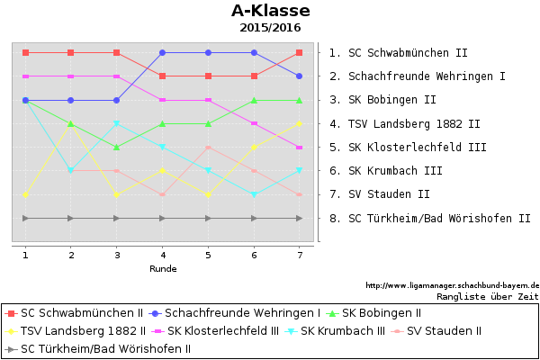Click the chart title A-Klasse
(271, 11)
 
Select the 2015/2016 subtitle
(270, 28)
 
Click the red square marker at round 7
(299, 53)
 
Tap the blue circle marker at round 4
(163, 53)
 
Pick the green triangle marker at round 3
(116, 147)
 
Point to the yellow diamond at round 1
(25, 194)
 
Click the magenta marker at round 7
(299, 148)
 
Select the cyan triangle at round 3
(116, 123)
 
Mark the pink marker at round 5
(208, 147)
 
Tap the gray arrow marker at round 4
(163, 218)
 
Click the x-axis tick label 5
(208, 256)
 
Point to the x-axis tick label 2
(71, 256)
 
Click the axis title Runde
(163, 269)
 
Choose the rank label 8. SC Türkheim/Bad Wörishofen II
(430, 219)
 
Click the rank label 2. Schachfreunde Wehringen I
(418, 76)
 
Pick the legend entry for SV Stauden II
(436, 331)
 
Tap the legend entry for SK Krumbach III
(335, 331)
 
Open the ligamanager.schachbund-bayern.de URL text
(452, 285)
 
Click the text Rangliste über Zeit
(487, 297)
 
